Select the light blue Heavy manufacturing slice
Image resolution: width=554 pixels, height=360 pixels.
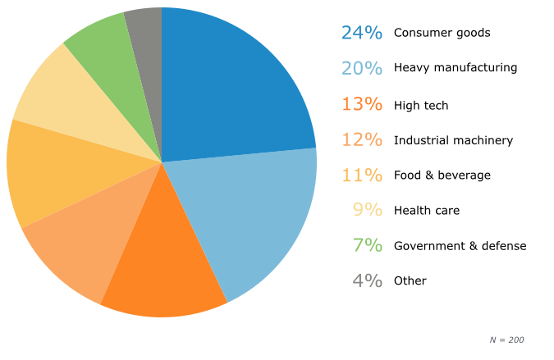point(254,213)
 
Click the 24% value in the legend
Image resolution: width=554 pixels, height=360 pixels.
point(362,33)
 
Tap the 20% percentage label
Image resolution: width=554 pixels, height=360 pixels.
point(362,68)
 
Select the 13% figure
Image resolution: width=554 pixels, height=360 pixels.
point(362,105)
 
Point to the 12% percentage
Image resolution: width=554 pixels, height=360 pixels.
point(362,140)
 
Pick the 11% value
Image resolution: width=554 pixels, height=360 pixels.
point(362,175)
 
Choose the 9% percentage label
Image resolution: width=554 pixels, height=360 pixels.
point(368,210)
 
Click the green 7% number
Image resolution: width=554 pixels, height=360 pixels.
point(368,245)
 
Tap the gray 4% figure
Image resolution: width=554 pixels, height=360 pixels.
point(368,280)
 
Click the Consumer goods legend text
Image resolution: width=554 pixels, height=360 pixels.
point(442,33)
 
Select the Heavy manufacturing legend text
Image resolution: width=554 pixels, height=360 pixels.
point(456,68)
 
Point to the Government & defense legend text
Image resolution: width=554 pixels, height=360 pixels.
point(460,246)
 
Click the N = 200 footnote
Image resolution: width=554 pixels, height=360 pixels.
point(506,339)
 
